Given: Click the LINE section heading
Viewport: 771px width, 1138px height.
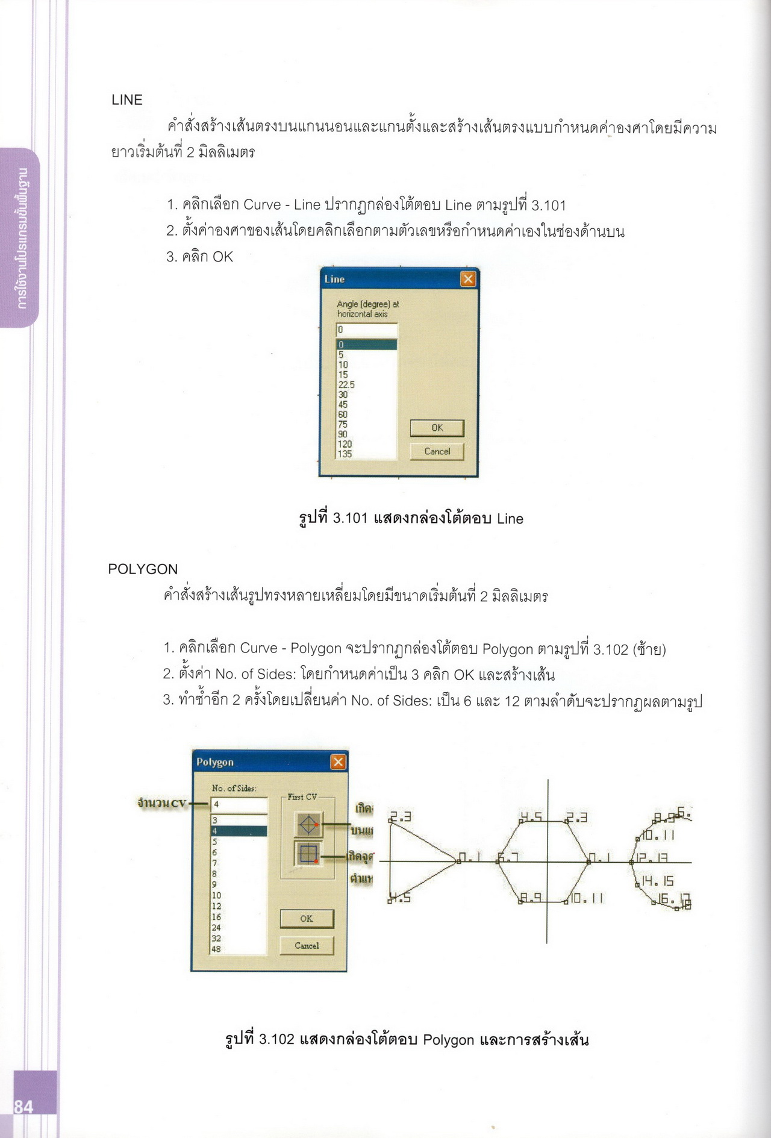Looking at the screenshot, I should click(127, 100).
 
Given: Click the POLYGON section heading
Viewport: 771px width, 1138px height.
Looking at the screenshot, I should click(143, 569).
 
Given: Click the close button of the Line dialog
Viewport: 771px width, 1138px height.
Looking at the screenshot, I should click(467, 279).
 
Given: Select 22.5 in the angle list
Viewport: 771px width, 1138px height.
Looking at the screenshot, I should click(346, 384).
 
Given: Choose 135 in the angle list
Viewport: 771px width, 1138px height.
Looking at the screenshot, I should click(345, 454).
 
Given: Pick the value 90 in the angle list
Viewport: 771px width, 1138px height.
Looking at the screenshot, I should click(343, 434).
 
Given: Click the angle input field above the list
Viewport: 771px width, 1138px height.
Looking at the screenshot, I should click(367, 330).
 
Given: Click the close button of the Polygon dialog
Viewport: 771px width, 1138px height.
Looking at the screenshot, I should click(338, 762).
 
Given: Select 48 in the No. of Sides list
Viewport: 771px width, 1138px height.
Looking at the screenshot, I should click(216, 949).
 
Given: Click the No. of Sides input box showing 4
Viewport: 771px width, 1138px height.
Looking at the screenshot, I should click(239, 804).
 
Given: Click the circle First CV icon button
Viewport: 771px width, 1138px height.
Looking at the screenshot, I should click(308, 825).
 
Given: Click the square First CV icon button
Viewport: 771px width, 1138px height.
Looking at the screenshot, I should click(308, 854).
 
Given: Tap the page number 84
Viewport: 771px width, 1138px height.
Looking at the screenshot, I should click(23, 1107).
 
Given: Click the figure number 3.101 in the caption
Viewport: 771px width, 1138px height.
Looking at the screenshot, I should click(350, 519).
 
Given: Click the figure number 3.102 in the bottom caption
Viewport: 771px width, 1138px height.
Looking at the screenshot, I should click(276, 1039).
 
